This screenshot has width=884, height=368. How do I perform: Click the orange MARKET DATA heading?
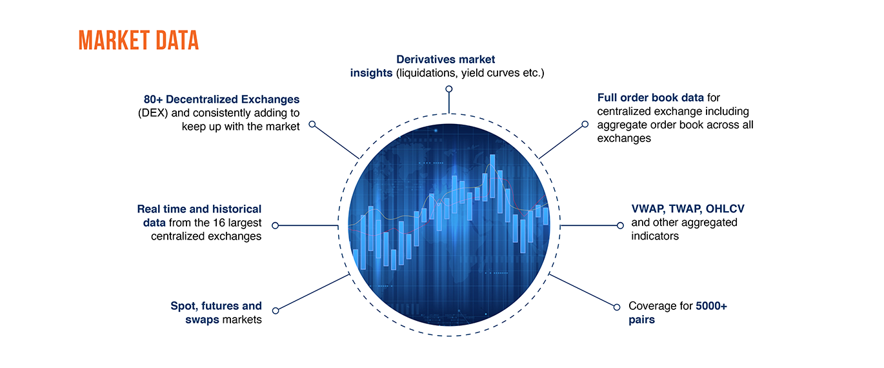click(138, 40)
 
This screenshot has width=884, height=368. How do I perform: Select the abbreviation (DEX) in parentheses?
click(152, 113)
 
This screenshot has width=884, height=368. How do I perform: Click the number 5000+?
click(711, 306)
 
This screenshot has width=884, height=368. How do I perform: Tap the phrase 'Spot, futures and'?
click(216, 306)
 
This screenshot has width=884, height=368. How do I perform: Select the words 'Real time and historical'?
click(199, 209)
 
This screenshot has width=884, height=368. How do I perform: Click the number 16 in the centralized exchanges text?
click(216, 223)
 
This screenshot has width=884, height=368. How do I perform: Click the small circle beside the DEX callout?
click(312, 124)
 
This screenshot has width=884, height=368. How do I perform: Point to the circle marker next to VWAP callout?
click(620, 225)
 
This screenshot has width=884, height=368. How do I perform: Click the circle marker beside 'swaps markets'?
click(276, 311)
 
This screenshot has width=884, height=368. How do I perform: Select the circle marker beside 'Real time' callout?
click(276, 225)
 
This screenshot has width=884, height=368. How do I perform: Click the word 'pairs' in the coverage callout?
click(641, 320)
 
